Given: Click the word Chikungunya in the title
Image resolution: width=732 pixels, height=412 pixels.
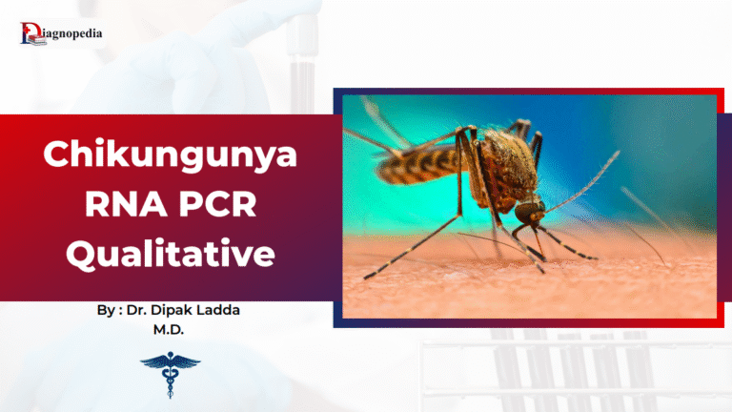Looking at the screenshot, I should (x=171, y=154).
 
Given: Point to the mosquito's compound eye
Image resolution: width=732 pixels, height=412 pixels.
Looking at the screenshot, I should (x=534, y=207).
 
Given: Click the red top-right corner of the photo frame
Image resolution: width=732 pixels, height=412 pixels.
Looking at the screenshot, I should (x=721, y=93).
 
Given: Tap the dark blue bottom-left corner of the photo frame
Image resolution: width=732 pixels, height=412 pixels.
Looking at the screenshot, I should (x=337, y=322).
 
